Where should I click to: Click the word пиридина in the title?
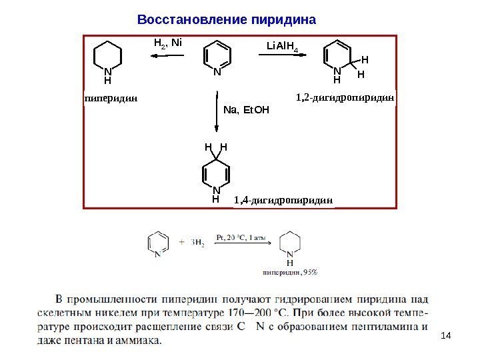pos(281,18)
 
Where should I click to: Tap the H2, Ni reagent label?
pos(167,44)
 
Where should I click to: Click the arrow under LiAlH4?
pos(285,57)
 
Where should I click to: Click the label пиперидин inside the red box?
pos(111,97)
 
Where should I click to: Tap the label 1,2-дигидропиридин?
pos(345,97)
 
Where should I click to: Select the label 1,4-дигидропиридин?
pos(283,199)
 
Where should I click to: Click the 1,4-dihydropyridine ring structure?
pos(215,175)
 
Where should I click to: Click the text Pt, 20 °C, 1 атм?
pos(241,235)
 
